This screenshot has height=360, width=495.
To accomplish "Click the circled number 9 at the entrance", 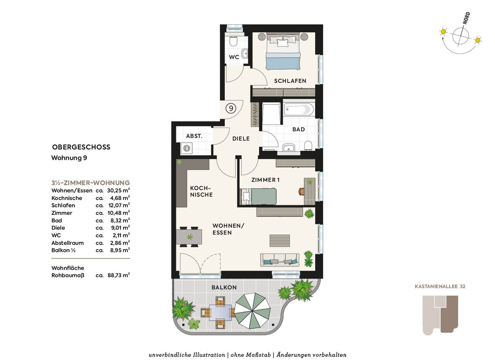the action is click(231, 108).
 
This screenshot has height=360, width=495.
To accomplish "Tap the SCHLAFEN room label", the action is click(290, 81).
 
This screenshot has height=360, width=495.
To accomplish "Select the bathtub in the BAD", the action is click(299, 110).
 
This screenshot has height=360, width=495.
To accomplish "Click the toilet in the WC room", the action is click(233, 41).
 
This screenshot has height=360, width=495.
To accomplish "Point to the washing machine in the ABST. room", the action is click(187, 148).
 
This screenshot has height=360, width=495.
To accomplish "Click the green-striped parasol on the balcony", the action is click(252, 311).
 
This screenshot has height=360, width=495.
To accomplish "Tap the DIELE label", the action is click(241, 139).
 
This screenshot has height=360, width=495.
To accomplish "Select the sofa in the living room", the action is click(280, 260).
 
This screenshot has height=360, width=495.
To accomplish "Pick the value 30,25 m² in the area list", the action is click(118, 190).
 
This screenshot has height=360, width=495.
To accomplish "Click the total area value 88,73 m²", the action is click(119, 275).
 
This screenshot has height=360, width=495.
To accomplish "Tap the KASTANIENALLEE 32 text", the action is click(440, 287).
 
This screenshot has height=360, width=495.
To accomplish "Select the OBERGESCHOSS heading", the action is click(81, 147).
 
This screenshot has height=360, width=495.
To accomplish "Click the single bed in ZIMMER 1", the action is click(258, 196).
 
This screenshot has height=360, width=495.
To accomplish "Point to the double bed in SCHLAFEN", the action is click(283, 52).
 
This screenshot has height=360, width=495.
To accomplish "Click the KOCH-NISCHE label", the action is click(201, 191).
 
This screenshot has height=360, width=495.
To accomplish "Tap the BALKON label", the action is click(224, 287).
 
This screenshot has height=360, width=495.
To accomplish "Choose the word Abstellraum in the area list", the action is click(68, 243).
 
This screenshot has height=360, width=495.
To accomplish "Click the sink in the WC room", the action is click(245, 54).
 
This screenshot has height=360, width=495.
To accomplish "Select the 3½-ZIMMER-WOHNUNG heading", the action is click(91, 183).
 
